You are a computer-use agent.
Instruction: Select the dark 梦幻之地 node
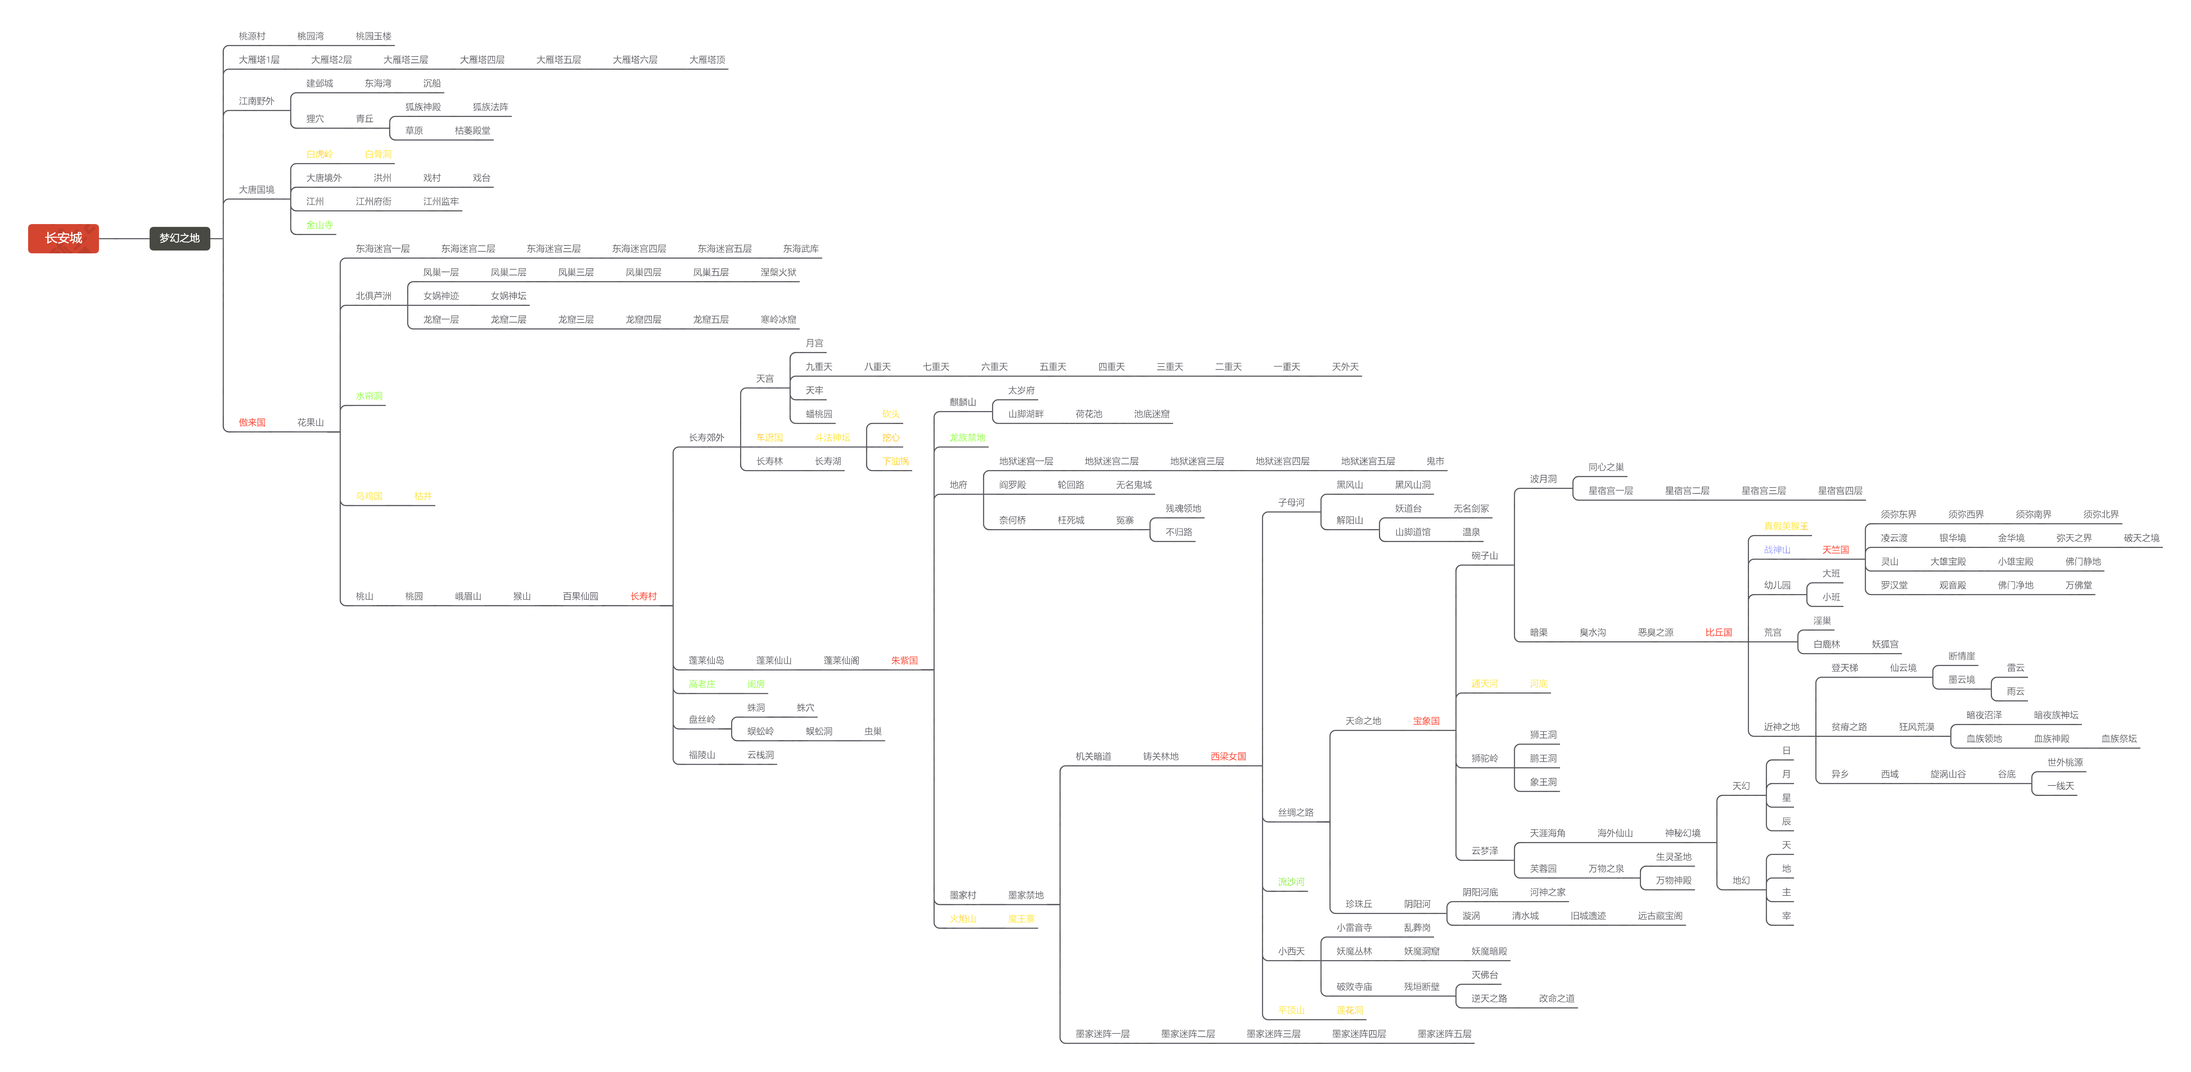coord(179,238)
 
